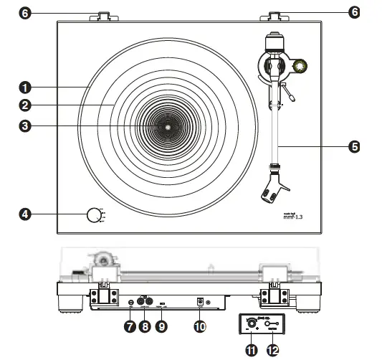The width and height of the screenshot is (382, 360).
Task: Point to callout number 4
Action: pos(25,214)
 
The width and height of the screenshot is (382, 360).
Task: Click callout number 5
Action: pos(353,146)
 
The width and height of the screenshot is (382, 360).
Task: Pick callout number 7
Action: pos(130,326)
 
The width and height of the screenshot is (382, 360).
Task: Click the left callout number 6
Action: pos(25,14)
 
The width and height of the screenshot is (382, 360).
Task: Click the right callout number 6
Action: pos(353,14)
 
